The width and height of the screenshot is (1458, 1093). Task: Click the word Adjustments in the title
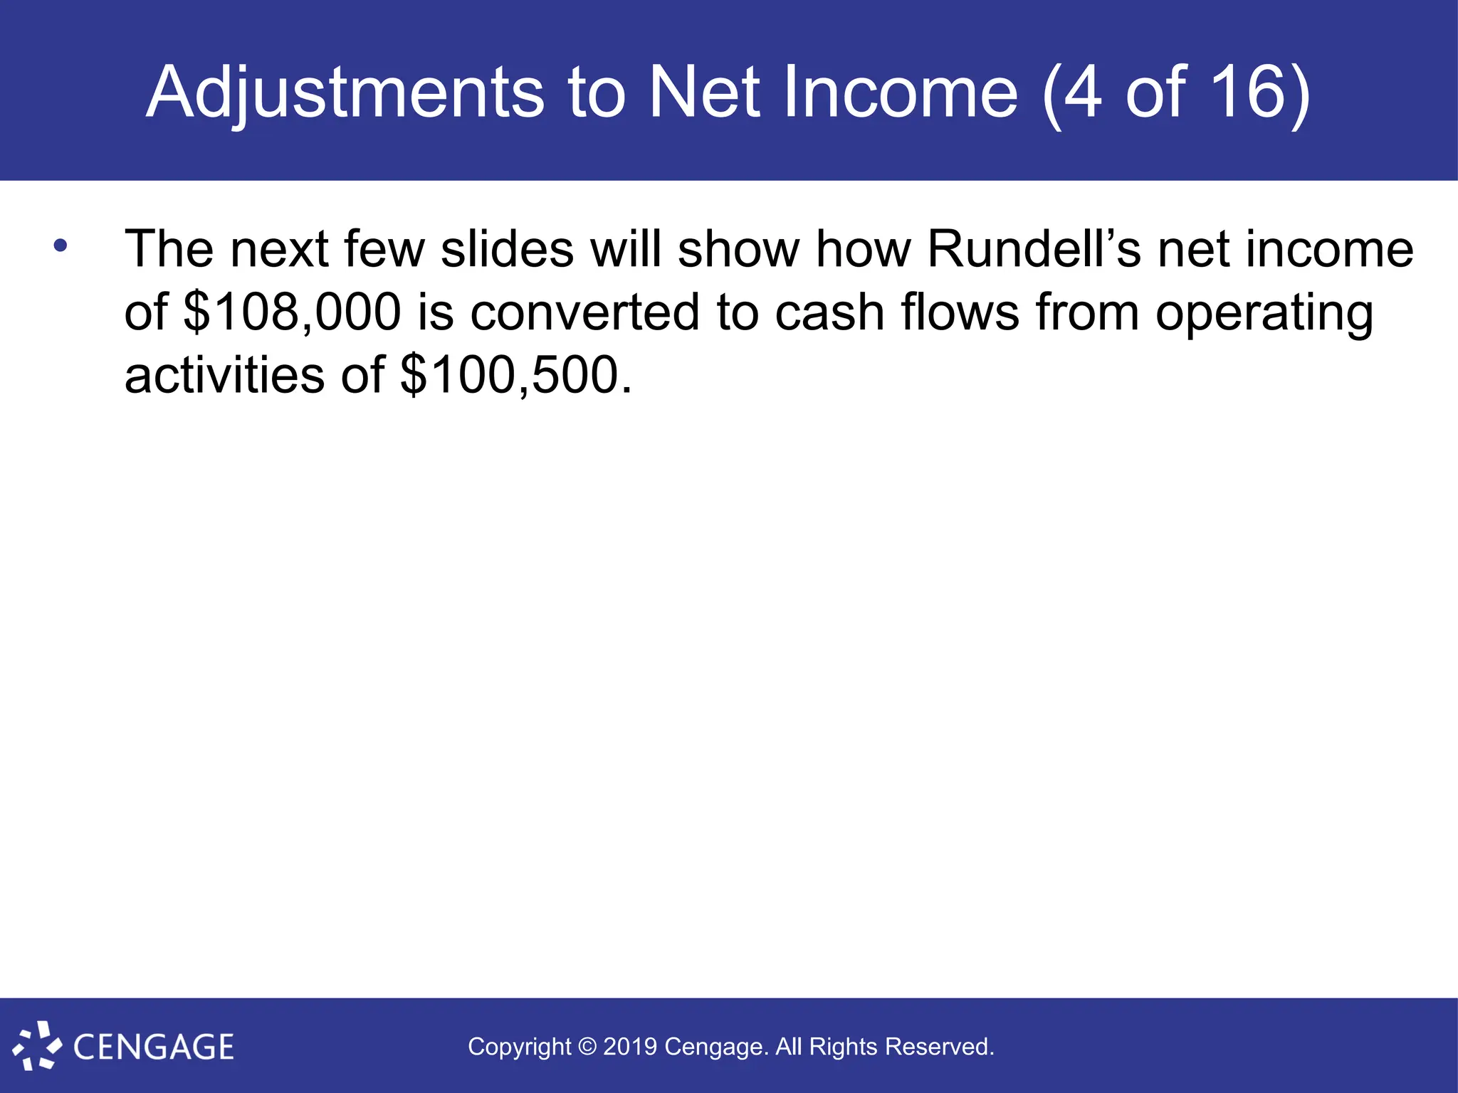[345, 93]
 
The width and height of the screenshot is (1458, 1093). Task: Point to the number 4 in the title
[1083, 93]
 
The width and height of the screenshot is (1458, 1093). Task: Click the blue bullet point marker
[61, 246]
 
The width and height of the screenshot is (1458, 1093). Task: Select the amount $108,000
[292, 312]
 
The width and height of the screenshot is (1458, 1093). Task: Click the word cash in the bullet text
[829, 312]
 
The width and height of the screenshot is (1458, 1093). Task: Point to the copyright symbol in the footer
[587, 1047]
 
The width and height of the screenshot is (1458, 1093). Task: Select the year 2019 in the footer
[630, 1047]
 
